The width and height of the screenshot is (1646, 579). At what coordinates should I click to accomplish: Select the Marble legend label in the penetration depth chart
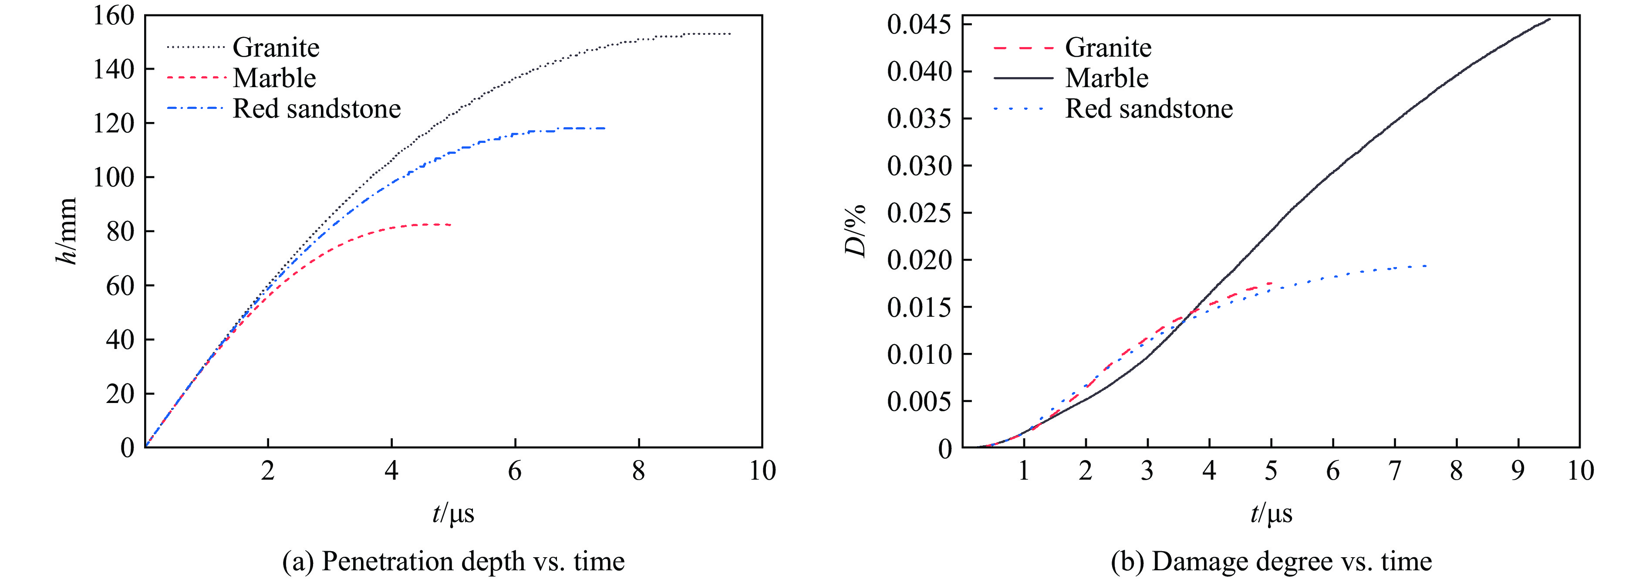click(274, 78)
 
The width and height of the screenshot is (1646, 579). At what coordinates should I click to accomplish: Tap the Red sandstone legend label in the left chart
click(316, 108)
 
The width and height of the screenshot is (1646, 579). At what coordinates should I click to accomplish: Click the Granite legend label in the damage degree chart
click(1108, 47)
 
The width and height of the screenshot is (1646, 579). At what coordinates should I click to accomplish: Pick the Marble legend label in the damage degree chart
click(1107, 78)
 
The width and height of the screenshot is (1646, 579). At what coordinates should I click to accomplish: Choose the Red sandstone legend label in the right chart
click(1149, 108)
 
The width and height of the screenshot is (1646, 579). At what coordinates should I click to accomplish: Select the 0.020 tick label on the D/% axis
click(919, 260)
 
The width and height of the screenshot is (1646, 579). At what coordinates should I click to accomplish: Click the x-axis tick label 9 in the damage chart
click(1518, 471)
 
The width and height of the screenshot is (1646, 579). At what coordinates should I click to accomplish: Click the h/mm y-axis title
click(67, 231)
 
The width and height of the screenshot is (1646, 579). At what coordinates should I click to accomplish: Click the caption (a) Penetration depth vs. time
click(453, 561)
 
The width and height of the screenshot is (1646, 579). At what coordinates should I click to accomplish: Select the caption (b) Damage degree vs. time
click(1271, 561)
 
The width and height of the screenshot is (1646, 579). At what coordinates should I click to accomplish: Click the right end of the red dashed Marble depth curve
click(451, 224)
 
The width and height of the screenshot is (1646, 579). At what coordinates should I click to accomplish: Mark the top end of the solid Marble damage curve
click(1549, 19)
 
